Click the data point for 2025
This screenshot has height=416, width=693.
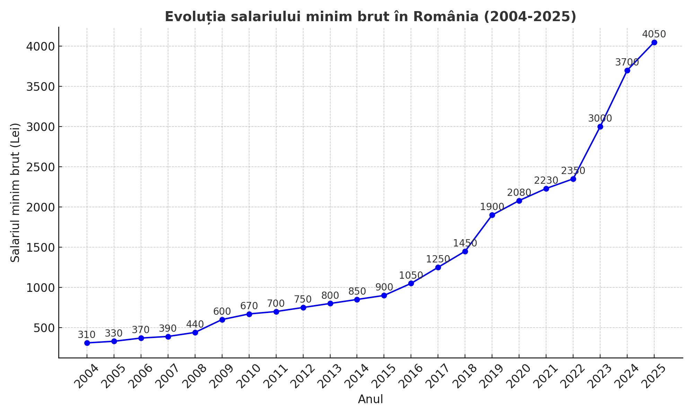pyautogui.click(x=654, y=43)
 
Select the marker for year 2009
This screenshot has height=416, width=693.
pyautogui.click(x=222, y=320)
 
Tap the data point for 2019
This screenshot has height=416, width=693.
pyautogui.click(x=492, y=215)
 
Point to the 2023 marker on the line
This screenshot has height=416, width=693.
pyautogui.click(x=600, y=127)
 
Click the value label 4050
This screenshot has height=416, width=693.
pyautogui.click(x=654, y=34)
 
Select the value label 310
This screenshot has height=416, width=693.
pyautogui.click(x=86, y=335)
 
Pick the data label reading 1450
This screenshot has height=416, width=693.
pyautogui.click(x=465, y=243)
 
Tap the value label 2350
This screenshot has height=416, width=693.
pyautogui.click(x=573, y=171)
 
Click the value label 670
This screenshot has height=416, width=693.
pyautogui.click(x=249, y=306)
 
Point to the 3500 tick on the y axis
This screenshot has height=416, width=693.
pyautogui.click(x=41, y=87)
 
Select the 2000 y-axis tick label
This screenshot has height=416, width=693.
pyautogui.click(x=41, y=207)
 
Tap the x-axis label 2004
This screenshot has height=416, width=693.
pyautogui.click(x=87, y=377)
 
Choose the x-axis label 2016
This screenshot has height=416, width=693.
pyautogui.click(x=411, y=377)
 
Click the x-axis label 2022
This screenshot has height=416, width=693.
pyautogui.click(x=573, y=377)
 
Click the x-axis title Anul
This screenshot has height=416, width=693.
pyautogui.click(x=370, y=399)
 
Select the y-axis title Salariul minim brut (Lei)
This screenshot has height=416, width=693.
pyautogui.click(x=15, y=193)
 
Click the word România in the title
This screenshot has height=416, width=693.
pyautogui.click(x=446, y=17)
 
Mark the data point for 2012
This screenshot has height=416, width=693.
pyautogui.click(x=303, y=307)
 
